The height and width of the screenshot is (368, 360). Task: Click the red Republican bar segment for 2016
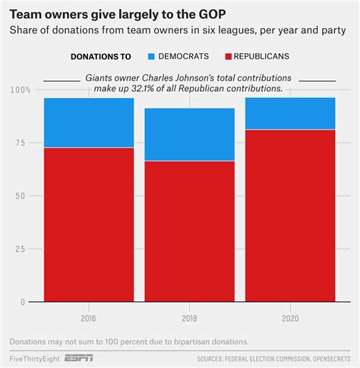tap(89, 224)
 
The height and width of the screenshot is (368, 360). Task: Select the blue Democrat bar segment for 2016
tap(89, 122)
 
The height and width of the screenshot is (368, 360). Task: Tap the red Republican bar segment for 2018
tap(190, 231)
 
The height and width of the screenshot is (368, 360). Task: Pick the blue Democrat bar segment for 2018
tap(190, 134)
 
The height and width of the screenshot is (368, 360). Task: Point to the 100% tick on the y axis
tap(21, 90)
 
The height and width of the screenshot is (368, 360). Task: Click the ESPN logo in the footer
tap(81, 358)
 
